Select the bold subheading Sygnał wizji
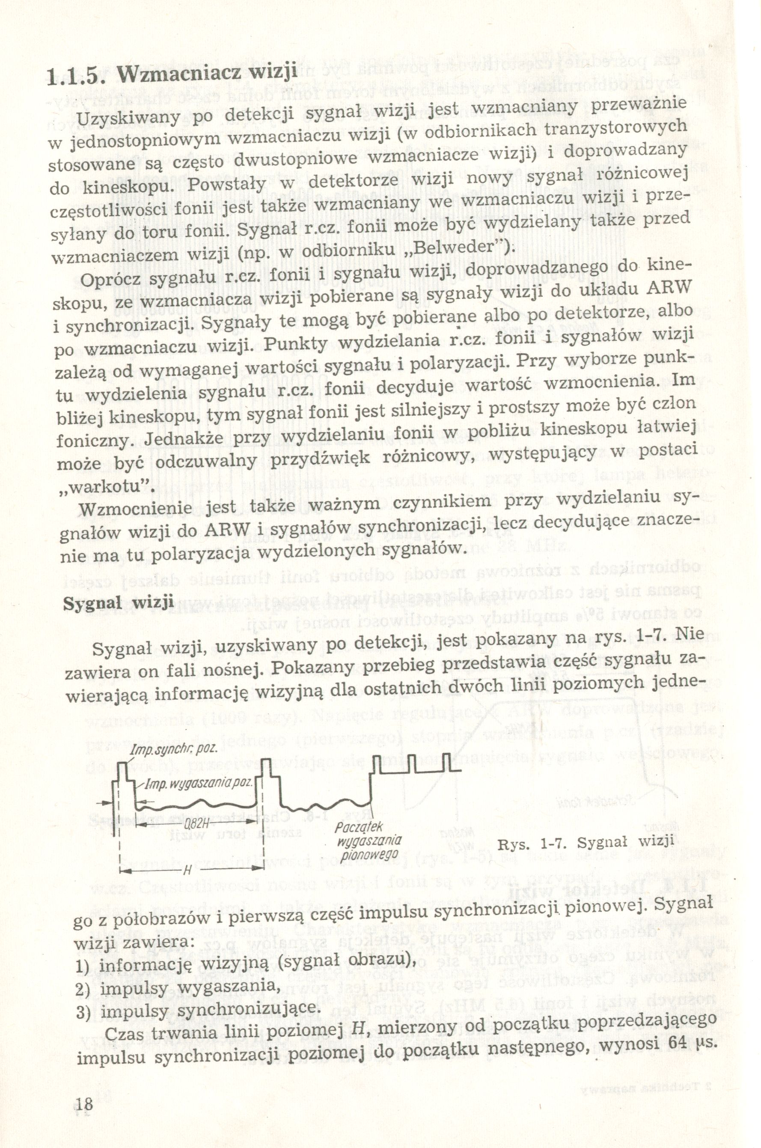119,603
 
